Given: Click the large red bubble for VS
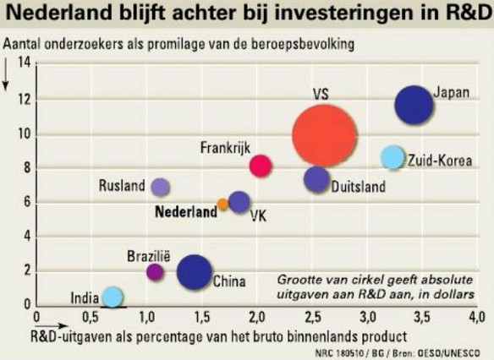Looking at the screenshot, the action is [324, 136].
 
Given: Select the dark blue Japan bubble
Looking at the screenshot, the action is [414, 105].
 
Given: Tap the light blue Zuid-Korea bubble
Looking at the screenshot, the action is [392, 157].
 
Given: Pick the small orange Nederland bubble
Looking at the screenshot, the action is [222, 205].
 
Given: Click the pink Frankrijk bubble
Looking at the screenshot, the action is [261, 166].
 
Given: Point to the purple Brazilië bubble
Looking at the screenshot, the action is [155, 272].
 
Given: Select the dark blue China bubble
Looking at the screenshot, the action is [194, 272].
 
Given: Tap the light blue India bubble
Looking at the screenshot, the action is [113, 297].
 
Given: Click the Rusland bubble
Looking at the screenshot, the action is [161, 188].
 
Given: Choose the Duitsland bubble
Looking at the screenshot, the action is [316, 179].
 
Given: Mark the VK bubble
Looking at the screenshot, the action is [239, 202].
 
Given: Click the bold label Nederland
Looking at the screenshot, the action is [186, 212].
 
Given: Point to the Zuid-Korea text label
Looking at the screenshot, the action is [440, 161].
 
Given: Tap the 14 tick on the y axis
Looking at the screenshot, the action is [24, 63].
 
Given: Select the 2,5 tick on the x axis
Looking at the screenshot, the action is [312, 317].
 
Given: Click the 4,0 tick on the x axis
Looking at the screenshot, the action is [477, 317].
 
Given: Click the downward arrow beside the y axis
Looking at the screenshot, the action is [5, 74].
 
